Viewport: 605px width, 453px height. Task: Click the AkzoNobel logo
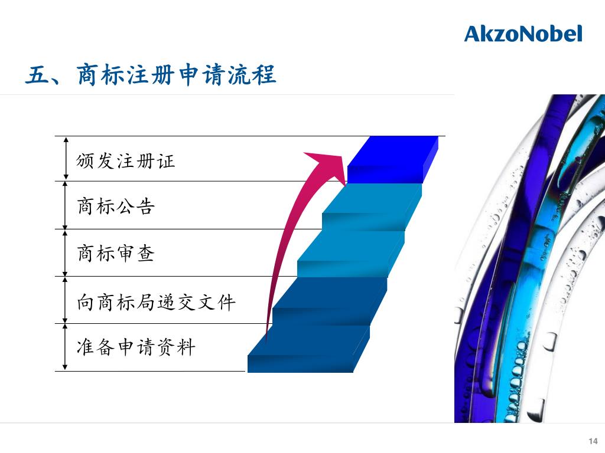coord(523,34)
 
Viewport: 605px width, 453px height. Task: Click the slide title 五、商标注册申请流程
coord(151,76)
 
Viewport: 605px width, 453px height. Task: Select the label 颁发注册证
coord(126,161)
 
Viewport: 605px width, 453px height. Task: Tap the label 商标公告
coord(116,206)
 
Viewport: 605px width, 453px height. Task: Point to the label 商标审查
coord(116,254)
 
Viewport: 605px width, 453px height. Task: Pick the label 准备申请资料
coord(136,347)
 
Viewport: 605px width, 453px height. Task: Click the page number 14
coord(593,441)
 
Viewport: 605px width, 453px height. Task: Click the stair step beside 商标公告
coord(372,201)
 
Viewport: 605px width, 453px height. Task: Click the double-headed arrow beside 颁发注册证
coord(66,158)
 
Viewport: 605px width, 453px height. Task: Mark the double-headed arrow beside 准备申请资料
coord(66,347)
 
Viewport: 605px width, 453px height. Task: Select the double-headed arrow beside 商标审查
coord(66,252)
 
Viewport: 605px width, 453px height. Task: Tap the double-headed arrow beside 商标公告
coord(66,205)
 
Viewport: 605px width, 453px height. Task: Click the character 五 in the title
coord(36,76)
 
